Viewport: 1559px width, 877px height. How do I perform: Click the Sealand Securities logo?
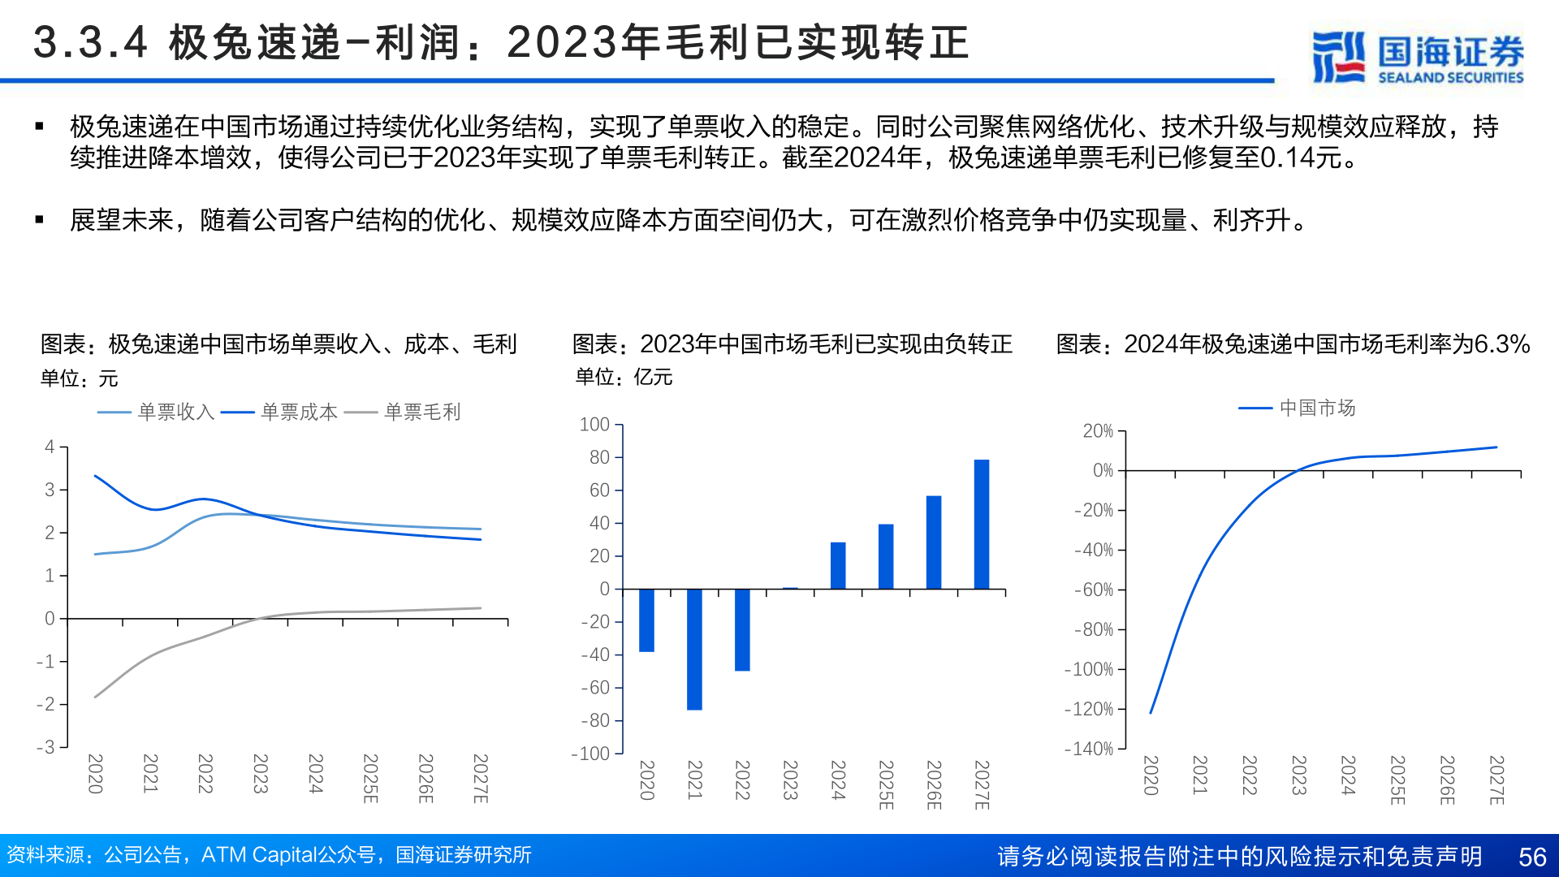click(1418, 57)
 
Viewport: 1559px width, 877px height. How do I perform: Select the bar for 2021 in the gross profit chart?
click(694, 649)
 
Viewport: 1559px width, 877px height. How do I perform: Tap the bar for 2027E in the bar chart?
click(982, 524)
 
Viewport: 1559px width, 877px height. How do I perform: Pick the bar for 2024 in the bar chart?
click(838, 565)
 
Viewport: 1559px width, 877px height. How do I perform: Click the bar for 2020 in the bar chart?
click(646, 620)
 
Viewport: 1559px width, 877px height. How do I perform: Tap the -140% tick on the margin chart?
click(1089, 749)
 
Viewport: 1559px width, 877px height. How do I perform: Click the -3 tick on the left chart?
click(45, 747)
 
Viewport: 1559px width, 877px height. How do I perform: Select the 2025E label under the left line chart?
click(370, 778)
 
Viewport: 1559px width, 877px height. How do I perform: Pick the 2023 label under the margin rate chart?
click(1298, 775)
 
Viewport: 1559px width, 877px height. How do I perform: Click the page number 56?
click(1532, 857)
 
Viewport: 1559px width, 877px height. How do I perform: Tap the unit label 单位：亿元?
click(624, 378)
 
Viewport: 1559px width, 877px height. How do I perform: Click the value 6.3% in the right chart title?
click(1502, 344)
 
